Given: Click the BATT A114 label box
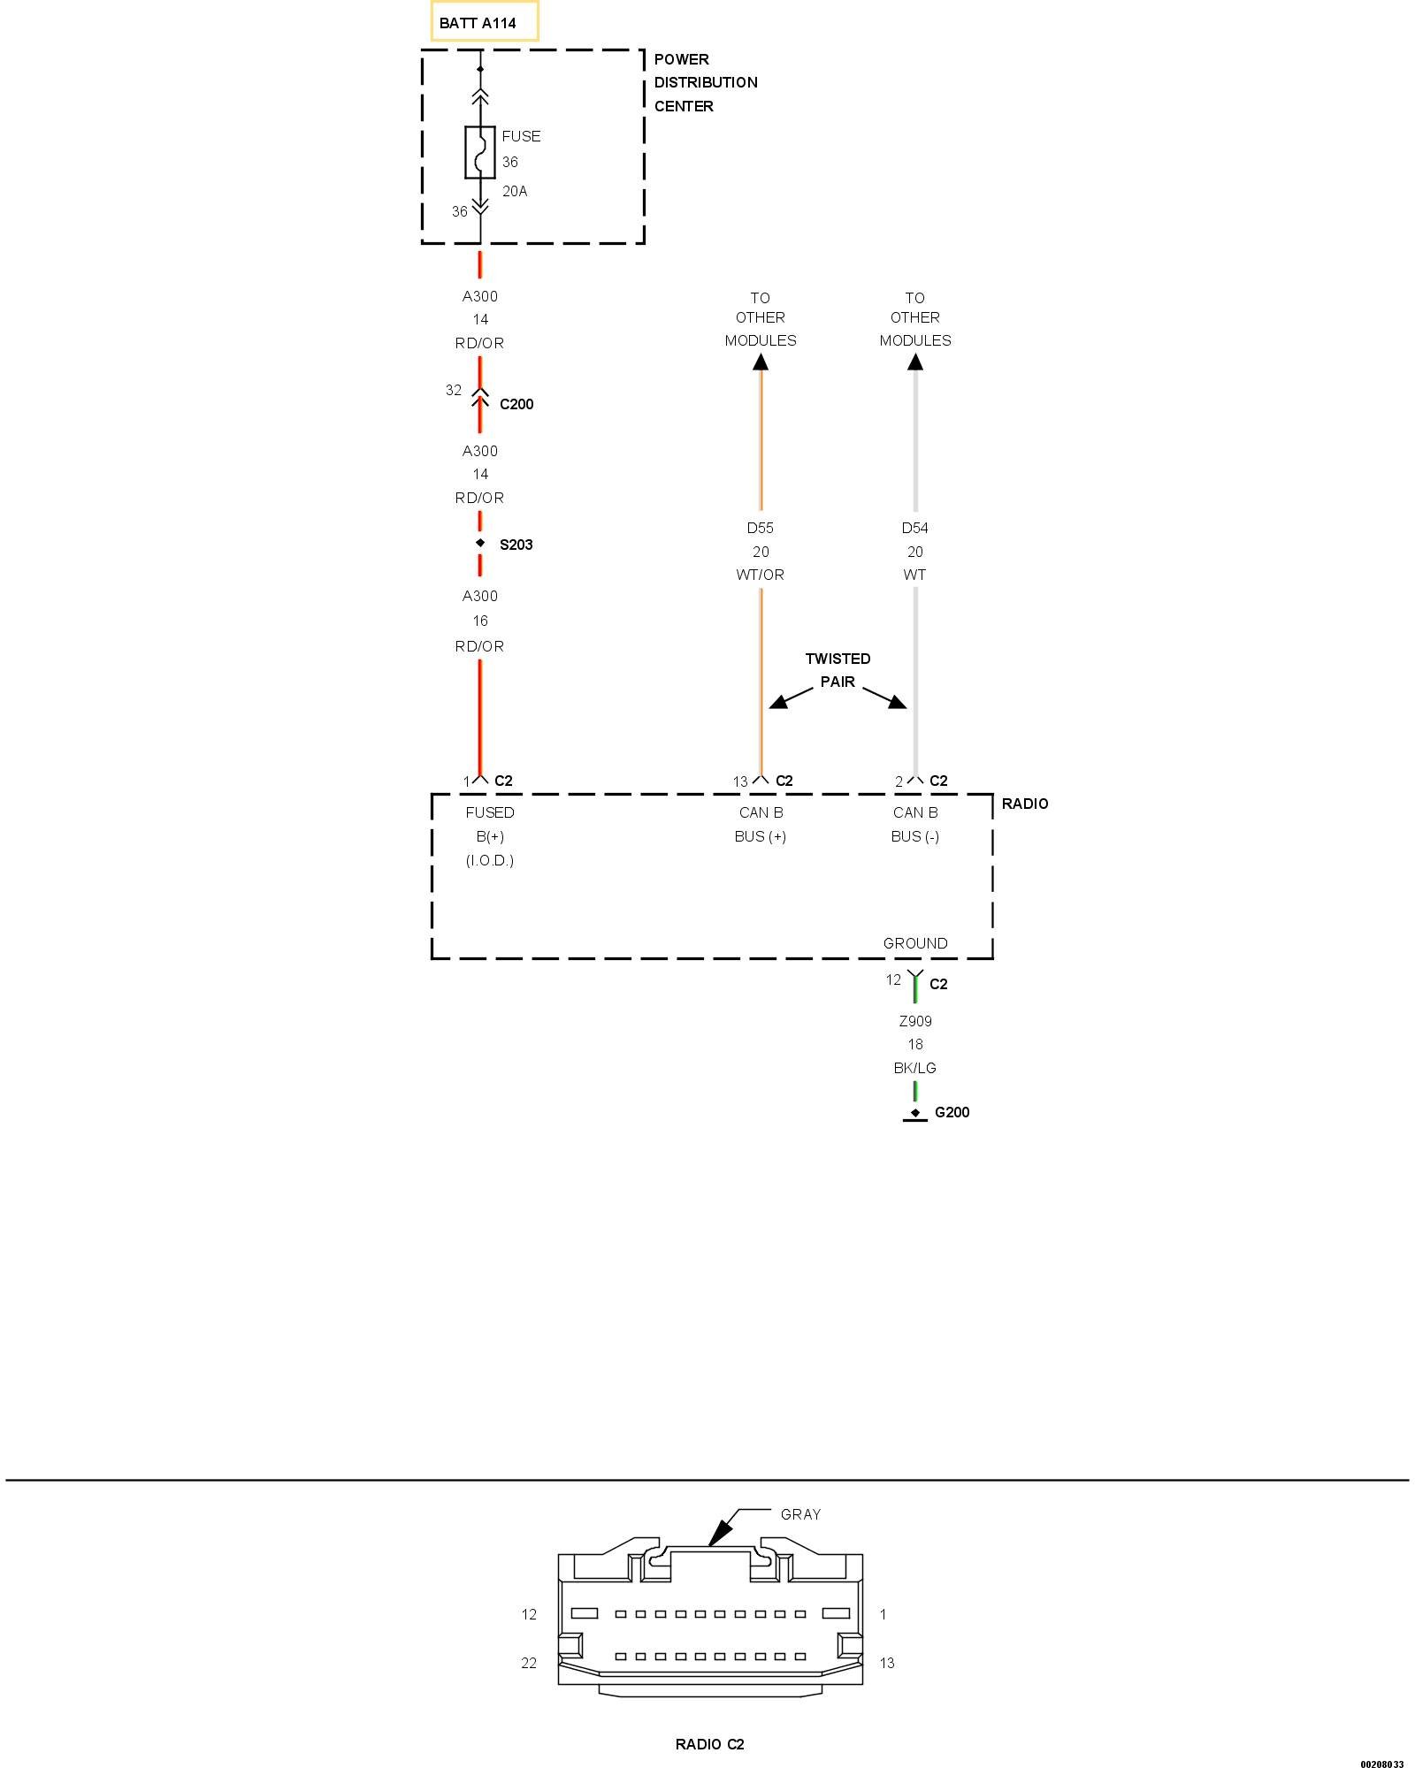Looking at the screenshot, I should tap(484, 23).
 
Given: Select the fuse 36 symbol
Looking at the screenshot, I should tap(480, 152).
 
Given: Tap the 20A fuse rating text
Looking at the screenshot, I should tap(515, 191).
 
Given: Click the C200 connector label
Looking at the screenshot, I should tap(516, 404).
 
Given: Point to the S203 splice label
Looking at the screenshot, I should tap(516, 545).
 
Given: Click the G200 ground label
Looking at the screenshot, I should tap(952, 1112).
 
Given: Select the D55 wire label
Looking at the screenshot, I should tap(760, 528).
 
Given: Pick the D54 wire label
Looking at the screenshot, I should tap(914, 528).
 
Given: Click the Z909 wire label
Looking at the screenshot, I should tap(915, 1021).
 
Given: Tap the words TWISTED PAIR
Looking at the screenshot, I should tap(838, 670).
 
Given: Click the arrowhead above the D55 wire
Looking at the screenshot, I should tap(761, 362).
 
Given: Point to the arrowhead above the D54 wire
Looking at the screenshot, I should tap(915, 362).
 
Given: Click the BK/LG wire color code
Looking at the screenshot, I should tap(914, 1068).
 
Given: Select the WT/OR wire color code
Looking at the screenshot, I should tap(760, 575).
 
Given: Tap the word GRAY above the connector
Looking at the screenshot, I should tap(800, 1514).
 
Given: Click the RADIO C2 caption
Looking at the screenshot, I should tap(709, 1744).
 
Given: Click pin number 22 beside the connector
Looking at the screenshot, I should tap(529, 1663).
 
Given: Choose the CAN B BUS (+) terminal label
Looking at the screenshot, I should tap(761, 824).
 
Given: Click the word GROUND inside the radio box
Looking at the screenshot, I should tap(915, 943).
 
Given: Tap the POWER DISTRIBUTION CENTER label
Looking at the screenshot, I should tap(705, 83).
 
